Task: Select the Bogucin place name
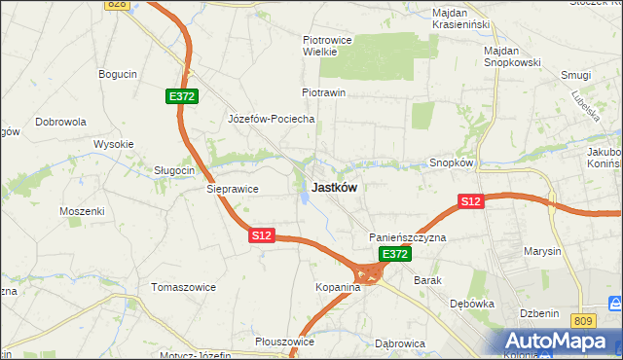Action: [x=118, y=73]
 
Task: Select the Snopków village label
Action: [x=451, y=163]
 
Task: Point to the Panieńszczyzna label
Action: [x=407, y=237]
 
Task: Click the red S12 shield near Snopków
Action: [x=471, y=201]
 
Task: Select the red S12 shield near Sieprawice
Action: [x=262, y=235]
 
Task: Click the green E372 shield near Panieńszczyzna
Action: [x=394, y=254]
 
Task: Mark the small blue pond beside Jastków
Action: [x=306, y=198]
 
